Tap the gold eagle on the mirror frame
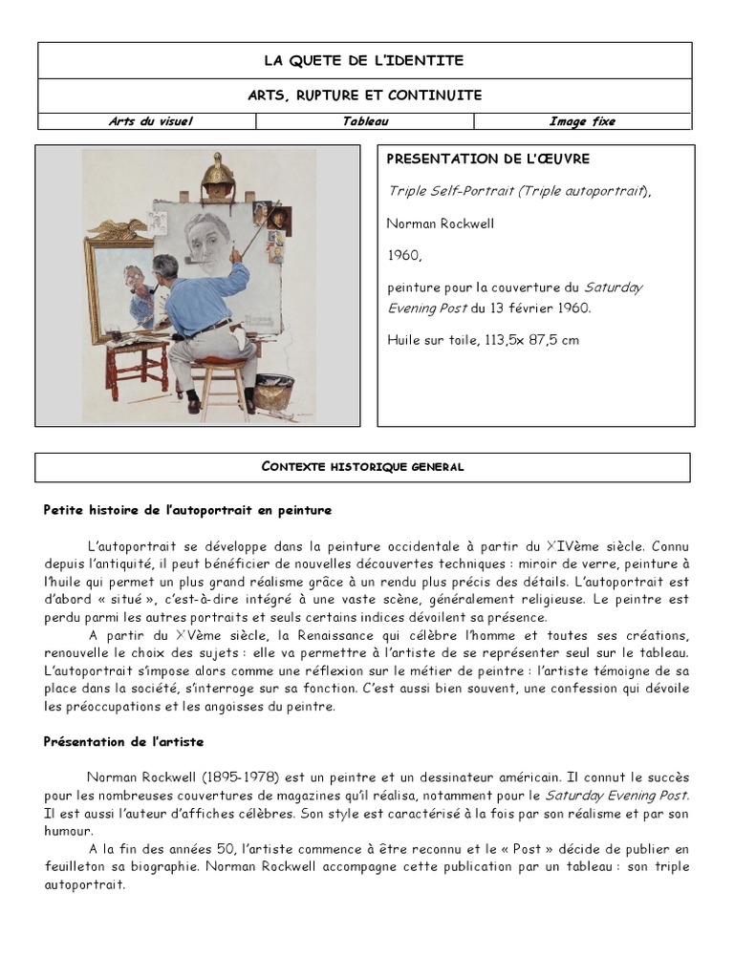pos(118,229)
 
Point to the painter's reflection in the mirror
pos(138,292)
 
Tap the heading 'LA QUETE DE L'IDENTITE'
pos(364,60)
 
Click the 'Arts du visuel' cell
pos(150,121)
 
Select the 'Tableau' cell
pos(365,121)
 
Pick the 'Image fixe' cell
pos(581,121)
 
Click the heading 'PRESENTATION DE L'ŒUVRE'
pos(487,159)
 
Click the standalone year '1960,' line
pos(404,256)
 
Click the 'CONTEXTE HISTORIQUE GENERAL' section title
pos(362,467)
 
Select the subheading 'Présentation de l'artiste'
pos(123,742)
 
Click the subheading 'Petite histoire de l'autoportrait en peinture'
pos(187,511)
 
